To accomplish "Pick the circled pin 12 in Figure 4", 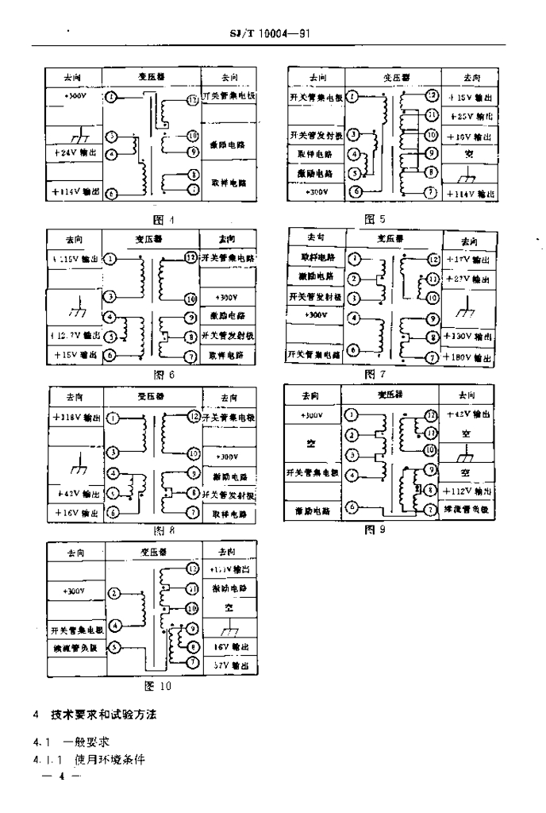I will (191, 100).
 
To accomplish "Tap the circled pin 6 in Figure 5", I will (355, 191).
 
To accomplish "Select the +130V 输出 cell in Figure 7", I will (469, 336).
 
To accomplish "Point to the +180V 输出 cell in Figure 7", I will (469, 357).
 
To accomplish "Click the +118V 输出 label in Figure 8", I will (75, 418).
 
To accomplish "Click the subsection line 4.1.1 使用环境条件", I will (90, 759).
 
